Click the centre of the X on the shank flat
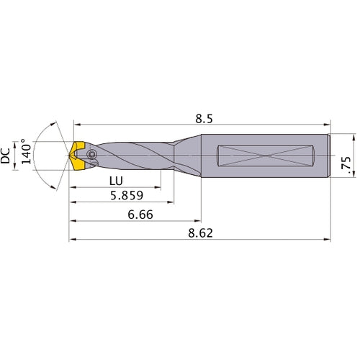point(267,156)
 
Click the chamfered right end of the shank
point(328,156)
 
